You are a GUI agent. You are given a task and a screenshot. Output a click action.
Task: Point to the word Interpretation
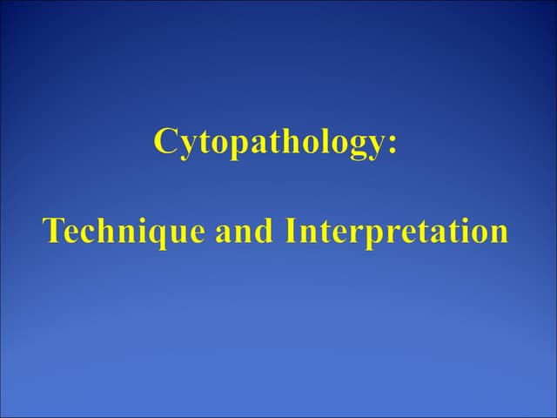pyautogui.click(x=395, y=232)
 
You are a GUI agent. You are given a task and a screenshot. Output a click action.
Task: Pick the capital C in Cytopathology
pyautogui.click(x=165, y=141)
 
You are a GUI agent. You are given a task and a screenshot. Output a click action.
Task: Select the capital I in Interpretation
pyautogui.click(x=289, y=231)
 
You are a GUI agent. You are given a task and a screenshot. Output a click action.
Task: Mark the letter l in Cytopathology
pyautogui.click(x=326, y=140)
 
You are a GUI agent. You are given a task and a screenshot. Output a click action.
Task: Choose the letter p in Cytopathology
pyautogui.click(x=229, y=146)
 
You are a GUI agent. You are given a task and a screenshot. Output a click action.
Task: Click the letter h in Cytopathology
pyautogui.click(x=292, y=140)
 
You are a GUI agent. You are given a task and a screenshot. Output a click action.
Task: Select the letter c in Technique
pyautogui.click(x=85, y=233)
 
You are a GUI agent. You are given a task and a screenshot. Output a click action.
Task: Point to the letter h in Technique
pyautogui.click(x=102, y=231)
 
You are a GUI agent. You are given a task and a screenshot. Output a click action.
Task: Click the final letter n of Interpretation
pyautogui.click(x=497, y=233)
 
